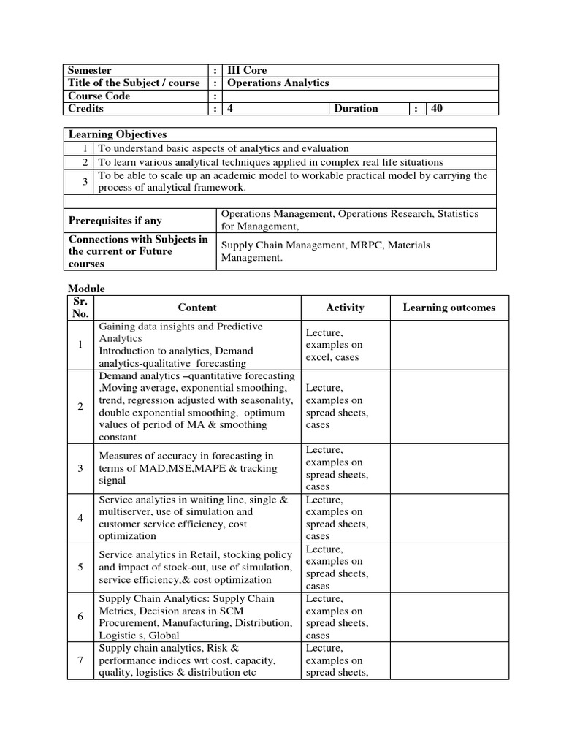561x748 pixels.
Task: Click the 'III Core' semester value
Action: (247, 70)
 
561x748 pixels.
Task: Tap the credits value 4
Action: (231, 109)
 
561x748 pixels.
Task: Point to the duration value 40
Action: (438, 109)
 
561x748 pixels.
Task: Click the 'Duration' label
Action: (356, 109)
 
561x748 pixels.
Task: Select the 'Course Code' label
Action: (99, 96)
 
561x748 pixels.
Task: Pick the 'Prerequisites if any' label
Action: (115, 221)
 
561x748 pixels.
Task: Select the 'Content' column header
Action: (197, 308)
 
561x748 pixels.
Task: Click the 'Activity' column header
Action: (345, 308)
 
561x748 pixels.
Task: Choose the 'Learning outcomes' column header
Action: (449, 308)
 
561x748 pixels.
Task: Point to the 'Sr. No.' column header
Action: (80, 308)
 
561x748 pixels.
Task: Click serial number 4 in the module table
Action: (80, 518)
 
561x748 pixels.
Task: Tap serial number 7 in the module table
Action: (80, 660)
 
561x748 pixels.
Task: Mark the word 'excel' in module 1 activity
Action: (319, 357)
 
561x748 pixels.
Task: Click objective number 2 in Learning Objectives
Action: (86, 162)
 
